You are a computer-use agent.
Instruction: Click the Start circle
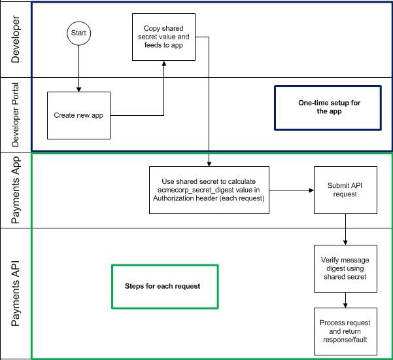[x=79, y=32]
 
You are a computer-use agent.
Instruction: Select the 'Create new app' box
[x=79, y=116]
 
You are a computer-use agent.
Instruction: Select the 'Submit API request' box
[x=345, y=190]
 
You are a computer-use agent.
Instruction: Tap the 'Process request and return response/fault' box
[x=345, y=332]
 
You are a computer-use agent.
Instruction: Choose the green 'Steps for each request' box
[x=164, y=286]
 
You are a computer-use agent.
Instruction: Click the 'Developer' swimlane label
[x=16, y=39]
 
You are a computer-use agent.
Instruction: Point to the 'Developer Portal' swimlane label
[x=16, y=115]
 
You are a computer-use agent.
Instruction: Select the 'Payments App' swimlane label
[x=16, y=190]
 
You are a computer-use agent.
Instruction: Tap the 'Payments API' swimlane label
[x=16, y=293]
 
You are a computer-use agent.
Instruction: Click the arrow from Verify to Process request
[x=345, y=299]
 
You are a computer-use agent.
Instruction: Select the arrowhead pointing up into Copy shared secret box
[x=163, y=63]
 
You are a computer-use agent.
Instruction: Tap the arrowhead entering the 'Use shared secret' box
[x=209, y=164]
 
